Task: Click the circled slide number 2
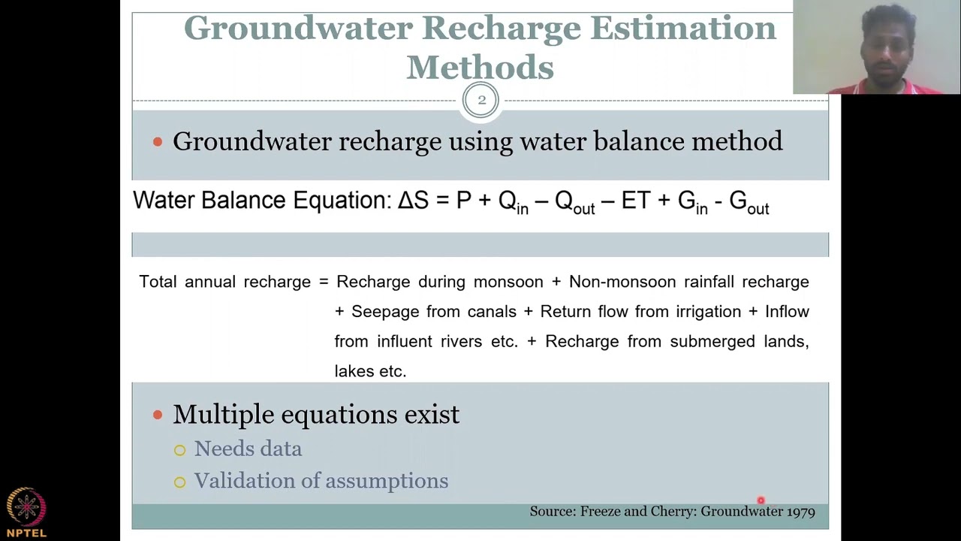coord(480,100)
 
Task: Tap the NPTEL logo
coord(26,511)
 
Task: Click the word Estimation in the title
coord(682,28)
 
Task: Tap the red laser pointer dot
coord(761,500)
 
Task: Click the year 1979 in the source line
coord(800,512)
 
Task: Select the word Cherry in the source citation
coord(673,512)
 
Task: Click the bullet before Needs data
coord(179,450)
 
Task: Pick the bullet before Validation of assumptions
coord(179,482)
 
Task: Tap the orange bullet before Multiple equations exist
coord(158,415)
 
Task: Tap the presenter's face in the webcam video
coord(888,47)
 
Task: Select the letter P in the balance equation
coord(463,201)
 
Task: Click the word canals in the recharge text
coord(492,312)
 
